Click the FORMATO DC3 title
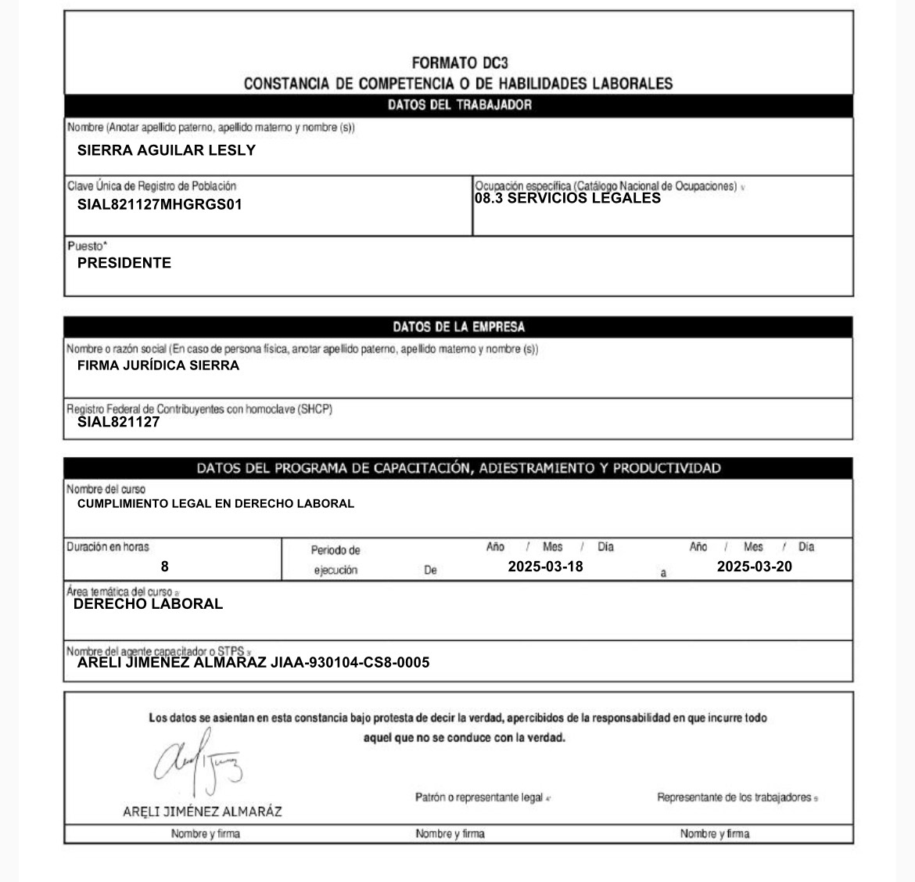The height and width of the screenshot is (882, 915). point(459,63)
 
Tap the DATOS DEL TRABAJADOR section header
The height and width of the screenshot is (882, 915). point(459,105)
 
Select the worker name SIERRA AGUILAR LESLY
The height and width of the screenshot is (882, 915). point(167,150)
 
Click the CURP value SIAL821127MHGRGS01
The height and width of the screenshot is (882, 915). point(160,205)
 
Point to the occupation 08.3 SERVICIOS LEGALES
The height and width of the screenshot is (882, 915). point(568,199)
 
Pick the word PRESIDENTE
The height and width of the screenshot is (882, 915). point(124,263)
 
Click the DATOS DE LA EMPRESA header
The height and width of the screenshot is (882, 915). point(459,327)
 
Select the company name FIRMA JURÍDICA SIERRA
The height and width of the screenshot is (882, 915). point(158,365)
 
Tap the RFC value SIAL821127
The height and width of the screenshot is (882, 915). point(118,422)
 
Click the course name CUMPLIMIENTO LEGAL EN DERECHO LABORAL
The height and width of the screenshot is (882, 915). point(216,504)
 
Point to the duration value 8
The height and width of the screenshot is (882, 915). point(164,567)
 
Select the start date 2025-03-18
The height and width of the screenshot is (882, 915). point(545,567)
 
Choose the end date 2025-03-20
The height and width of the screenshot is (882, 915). point(754,567)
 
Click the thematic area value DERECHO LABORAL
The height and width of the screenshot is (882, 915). point(148,604)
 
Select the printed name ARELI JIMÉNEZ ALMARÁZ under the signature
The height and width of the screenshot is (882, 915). point(203,812)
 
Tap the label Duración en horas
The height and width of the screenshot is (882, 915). point(108,547)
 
